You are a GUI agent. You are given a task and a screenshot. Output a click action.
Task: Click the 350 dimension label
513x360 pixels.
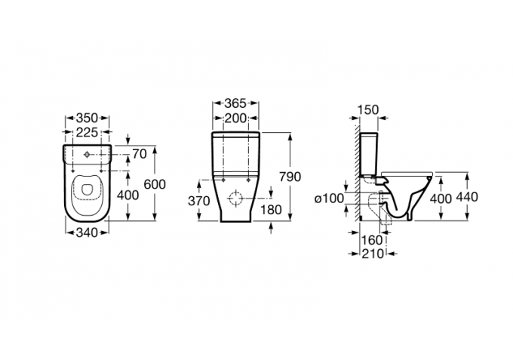tap(87, 118)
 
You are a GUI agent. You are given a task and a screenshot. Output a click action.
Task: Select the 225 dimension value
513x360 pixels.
tap(87, 132)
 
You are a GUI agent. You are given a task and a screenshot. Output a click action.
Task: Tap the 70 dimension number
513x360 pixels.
tap(140, 153)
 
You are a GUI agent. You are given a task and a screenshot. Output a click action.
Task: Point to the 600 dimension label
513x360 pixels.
tap(155, 185)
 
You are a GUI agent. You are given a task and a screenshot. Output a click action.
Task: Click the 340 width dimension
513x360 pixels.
tap(87, 232)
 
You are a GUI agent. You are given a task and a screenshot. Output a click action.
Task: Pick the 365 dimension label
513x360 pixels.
tap(235, 103)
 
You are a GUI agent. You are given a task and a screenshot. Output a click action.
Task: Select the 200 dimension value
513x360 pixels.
tap(235, 118)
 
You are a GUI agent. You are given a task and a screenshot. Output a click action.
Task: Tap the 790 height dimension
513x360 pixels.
tap(290, 177)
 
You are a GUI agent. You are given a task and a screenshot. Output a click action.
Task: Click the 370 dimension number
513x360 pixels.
tap(198, 201)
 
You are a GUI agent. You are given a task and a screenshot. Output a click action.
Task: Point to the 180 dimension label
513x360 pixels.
tap(272, 210)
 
